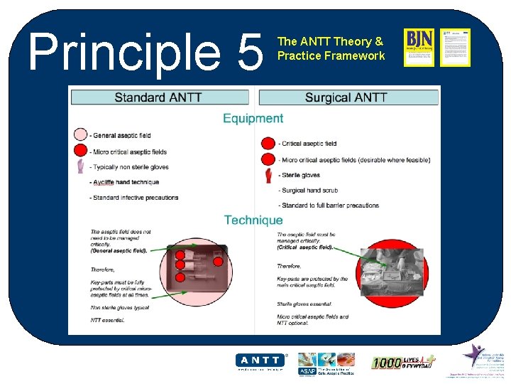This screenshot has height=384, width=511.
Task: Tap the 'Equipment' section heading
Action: point(253,118)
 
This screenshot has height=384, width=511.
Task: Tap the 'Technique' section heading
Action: point(253,220)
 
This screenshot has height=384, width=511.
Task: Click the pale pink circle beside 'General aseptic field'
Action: point(80,134)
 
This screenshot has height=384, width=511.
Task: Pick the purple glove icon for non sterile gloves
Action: point(80,166)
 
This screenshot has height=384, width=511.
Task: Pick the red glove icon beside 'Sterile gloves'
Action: point(268,175)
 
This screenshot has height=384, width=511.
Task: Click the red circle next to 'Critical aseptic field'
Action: point(268,143)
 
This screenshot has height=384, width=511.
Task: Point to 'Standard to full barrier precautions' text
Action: point(329,206)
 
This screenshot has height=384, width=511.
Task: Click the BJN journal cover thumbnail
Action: point(419,48)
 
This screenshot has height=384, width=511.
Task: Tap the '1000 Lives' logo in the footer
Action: point(403,362)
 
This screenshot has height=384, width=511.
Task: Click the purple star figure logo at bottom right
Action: point(474,355)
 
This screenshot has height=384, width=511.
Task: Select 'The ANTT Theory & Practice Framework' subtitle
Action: point(331,48)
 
